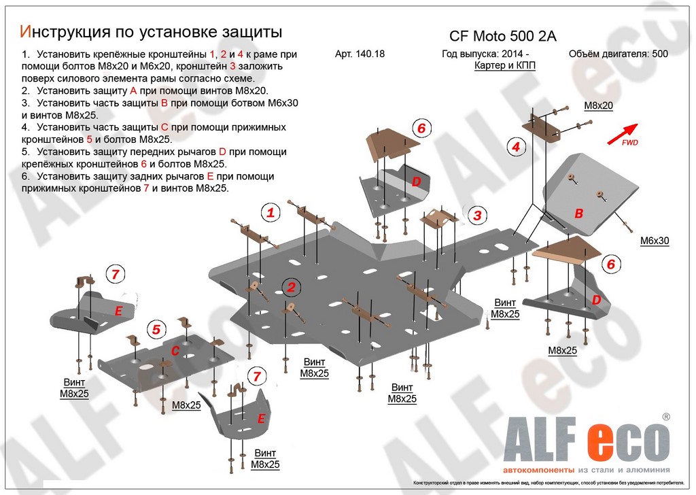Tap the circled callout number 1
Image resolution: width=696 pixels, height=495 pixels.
271,213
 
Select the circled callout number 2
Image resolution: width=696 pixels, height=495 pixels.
291,288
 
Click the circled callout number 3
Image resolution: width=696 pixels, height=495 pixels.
477,216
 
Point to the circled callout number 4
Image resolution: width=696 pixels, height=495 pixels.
516,146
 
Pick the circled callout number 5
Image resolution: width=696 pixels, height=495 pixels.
156,330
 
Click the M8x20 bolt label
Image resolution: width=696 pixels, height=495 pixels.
599,105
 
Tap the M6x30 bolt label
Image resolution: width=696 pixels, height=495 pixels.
655,241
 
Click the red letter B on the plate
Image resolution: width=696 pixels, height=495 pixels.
579,214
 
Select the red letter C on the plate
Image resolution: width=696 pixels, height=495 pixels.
175,351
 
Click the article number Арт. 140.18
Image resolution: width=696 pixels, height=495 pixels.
360,54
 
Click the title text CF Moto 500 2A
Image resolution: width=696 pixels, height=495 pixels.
498,37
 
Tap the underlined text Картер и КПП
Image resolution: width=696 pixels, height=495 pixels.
504,67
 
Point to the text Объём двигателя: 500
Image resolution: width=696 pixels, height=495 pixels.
617,54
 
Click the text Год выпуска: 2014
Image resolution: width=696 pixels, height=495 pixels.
485,54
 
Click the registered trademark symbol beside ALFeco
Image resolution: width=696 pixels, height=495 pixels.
666,416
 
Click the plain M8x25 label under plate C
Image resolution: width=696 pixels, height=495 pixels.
186,405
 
